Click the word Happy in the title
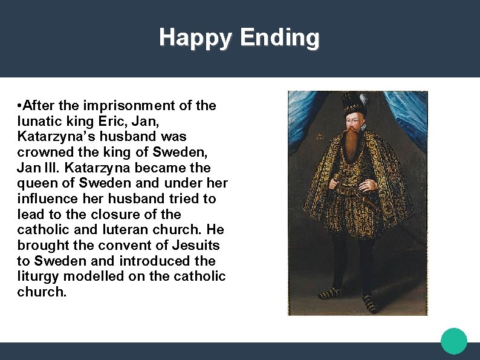pos(195,38)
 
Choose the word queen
pos(38,183)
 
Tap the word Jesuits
pos(195,246)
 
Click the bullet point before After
pos(21,106)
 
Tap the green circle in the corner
pos(454,341)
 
